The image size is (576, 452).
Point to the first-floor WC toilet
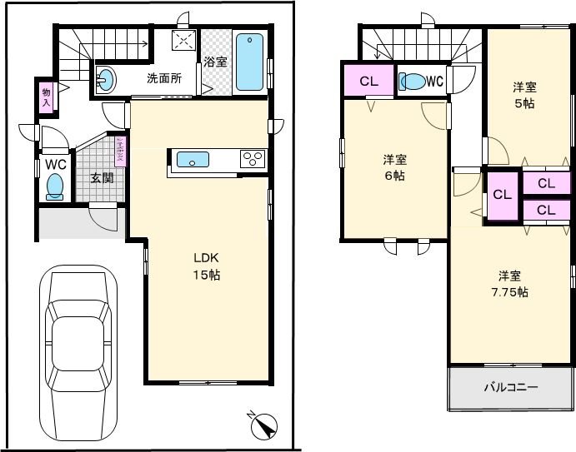[55, 185]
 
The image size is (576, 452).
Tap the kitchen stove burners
[252, 157]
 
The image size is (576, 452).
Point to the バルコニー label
[510, 388]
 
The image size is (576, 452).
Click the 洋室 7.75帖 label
[510, 284]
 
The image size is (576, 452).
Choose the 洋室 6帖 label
[394, 167]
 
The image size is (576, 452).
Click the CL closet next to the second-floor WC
[368, 82]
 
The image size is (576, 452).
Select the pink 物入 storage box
[47, 97]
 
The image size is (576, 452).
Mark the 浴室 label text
[215, 62]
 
